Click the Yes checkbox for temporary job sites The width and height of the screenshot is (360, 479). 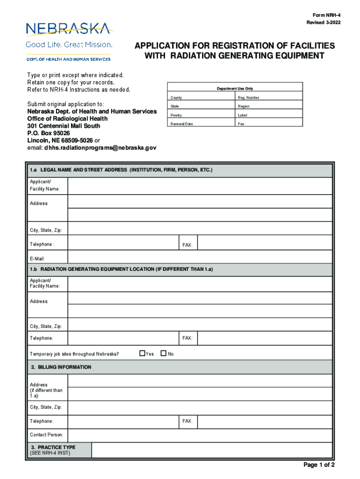click(142, 353)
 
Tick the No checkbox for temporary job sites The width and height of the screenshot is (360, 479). click(163, 353)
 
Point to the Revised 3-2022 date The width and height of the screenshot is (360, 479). click(320, 23)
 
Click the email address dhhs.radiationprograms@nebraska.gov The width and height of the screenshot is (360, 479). click(100, 147)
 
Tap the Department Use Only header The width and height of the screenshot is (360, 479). click(235, 88)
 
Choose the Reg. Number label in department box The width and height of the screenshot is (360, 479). click(248, 98)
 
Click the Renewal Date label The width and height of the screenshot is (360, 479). click(181, 124)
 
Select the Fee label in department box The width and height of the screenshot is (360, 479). click(241, 124)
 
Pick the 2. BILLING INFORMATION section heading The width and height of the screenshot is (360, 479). click(61, 367)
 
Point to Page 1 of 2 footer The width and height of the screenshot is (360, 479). click(319, 465)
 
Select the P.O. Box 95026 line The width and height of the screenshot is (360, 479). click(49, 133)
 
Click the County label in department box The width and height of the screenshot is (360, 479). click(176, 98)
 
